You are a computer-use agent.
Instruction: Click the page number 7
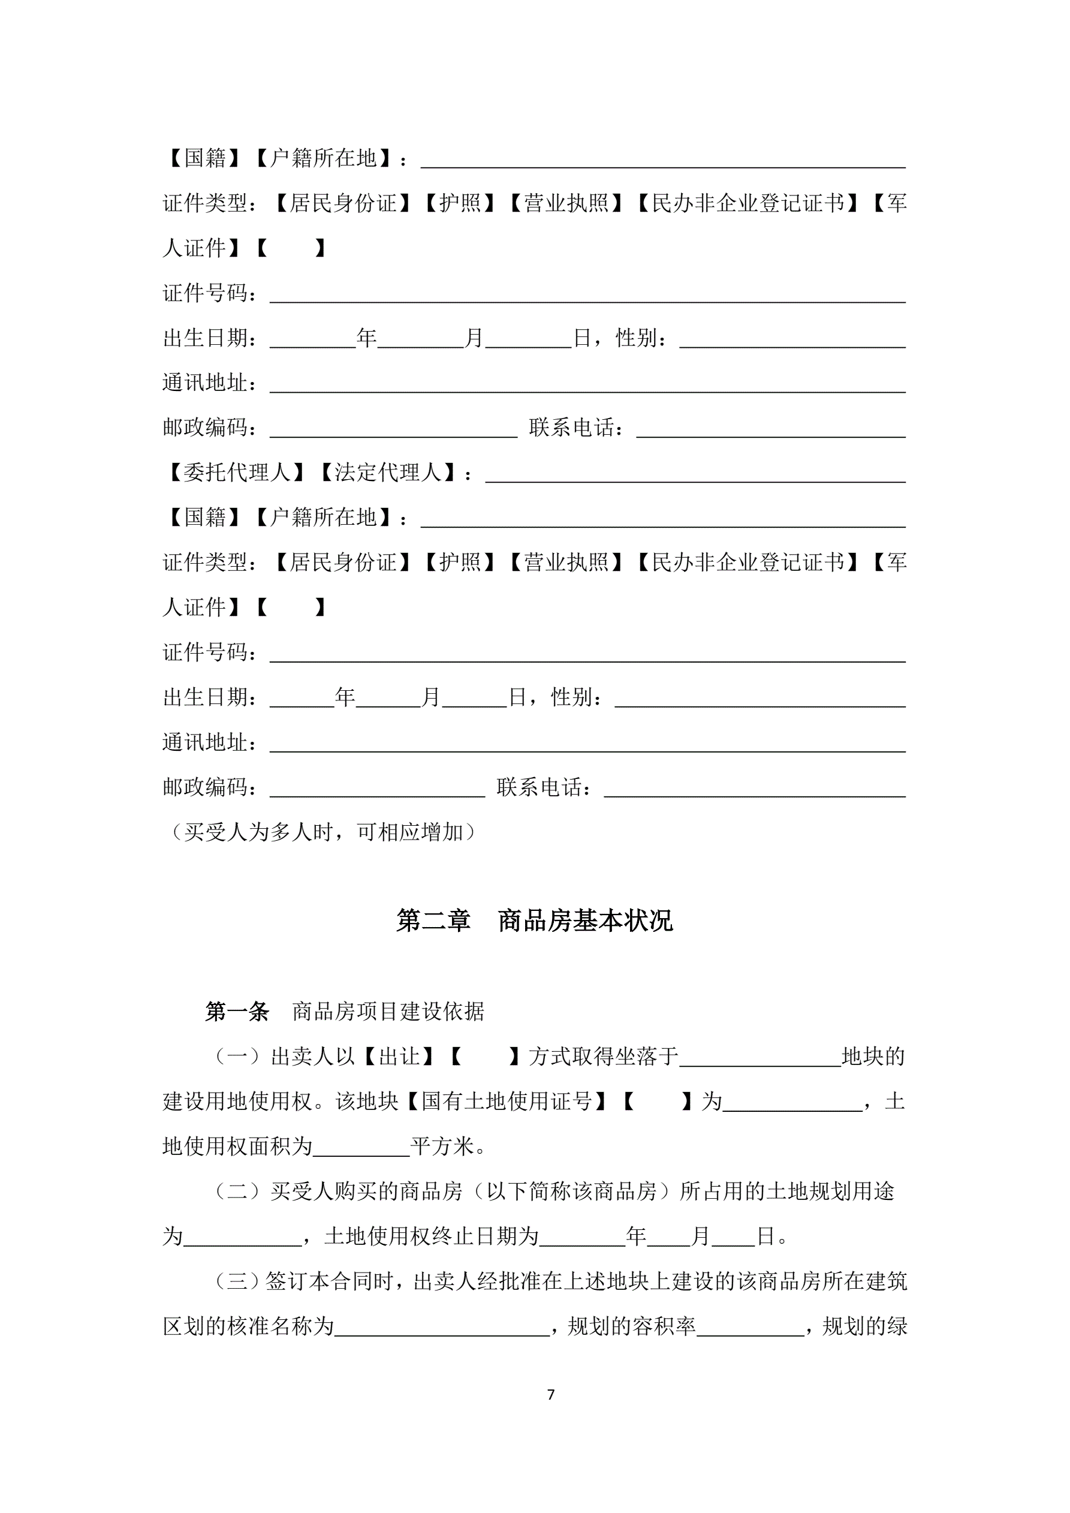[551, 1394]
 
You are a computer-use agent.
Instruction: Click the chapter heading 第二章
[433, 921]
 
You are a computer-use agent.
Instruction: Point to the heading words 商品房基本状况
[585, 921]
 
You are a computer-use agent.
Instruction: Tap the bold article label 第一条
[237, 1012]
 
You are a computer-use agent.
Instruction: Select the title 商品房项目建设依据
[388, 1012]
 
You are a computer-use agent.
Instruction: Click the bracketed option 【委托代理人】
[236, 472]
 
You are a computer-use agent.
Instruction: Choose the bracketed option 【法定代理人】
[387, 472]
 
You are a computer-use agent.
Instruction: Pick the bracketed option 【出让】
[399, 1056]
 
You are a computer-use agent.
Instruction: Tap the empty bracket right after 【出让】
[485, 1056]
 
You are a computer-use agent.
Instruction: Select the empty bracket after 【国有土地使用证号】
[657, 1101]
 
